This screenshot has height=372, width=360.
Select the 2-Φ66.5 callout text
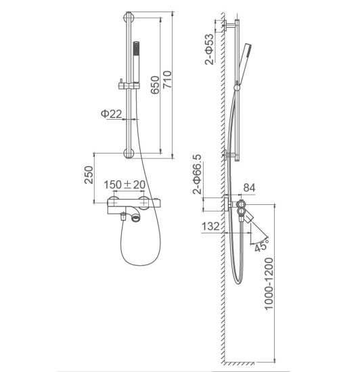(x=198, y=175)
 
